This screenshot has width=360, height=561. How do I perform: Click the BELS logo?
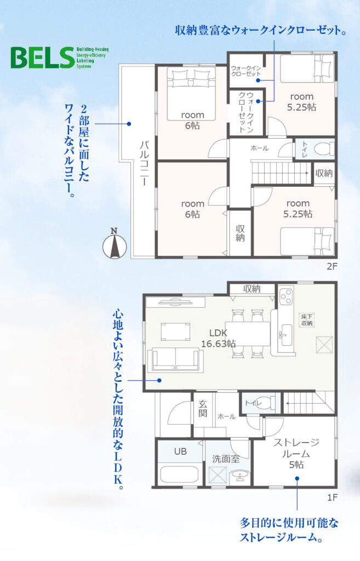coord(59,57)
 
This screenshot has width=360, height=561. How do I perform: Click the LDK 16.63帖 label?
coord(218,339)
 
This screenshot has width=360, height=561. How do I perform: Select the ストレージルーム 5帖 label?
coord(296,453)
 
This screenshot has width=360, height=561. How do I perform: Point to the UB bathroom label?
coord(180,451)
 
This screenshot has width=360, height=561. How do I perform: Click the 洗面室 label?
coord(225,459)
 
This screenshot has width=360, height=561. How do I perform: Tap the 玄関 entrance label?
coord(203,409)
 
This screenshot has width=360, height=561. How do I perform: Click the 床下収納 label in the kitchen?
coord(307,320)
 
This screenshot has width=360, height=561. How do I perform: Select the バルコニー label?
coord(145,163)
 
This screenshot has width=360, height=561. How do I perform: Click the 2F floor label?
coord(332,267)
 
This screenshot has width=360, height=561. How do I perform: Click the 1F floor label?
coord(332,497)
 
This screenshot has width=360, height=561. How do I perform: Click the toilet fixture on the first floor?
coord(264,403)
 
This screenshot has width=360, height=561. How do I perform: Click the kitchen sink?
coord(285,335)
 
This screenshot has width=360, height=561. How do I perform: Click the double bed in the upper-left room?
coord(191,94)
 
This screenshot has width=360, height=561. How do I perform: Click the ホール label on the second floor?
coord(259,148)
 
